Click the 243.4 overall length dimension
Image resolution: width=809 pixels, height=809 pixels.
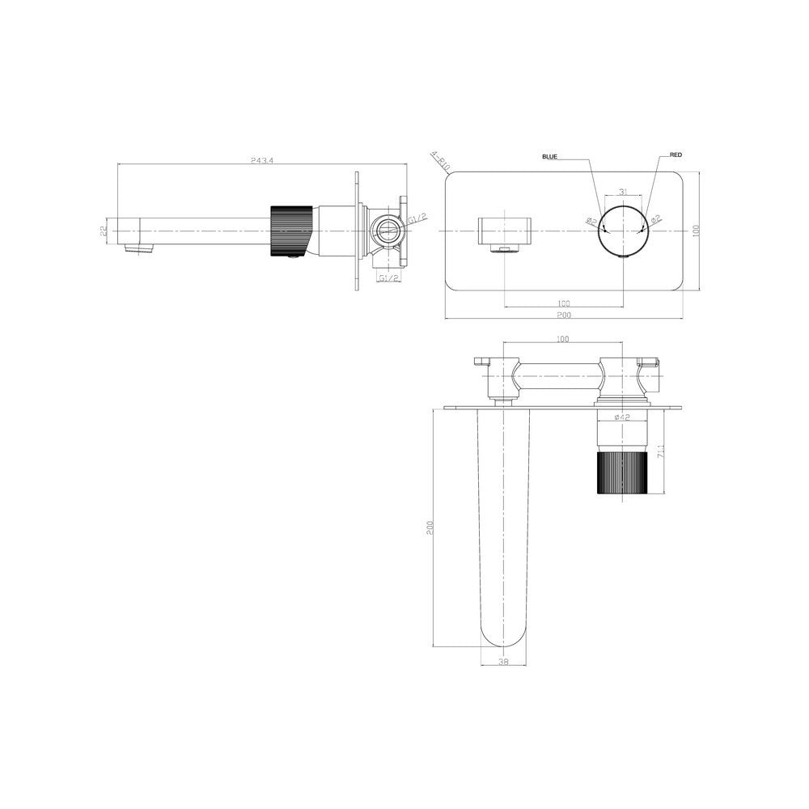(262, 161)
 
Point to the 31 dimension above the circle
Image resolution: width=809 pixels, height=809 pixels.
(623, 192)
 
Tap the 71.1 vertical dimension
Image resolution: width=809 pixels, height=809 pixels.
(661, 449)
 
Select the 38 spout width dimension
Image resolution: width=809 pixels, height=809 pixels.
(504, 662)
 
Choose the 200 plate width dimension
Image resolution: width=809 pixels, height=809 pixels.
(564, 315)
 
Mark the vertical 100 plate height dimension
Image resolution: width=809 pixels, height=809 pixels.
(695, 231)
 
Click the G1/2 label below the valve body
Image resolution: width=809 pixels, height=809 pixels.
(388, 277)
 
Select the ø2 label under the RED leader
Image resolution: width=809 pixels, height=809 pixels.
(656, 218)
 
